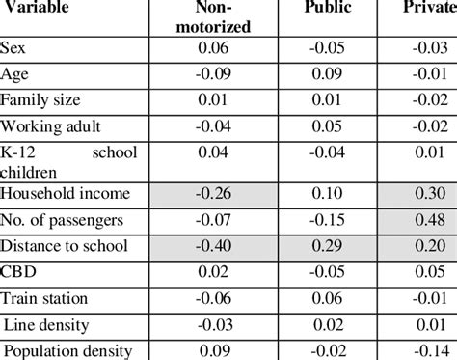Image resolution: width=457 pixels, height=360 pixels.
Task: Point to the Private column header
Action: pos(428,9)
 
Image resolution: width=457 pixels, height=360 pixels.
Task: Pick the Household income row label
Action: pos(61,194)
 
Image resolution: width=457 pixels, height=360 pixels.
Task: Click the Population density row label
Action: pos(67,352)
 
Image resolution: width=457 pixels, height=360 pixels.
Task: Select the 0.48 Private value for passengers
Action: pos(425,221)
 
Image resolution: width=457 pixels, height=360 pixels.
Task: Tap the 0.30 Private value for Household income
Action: pos(425,194)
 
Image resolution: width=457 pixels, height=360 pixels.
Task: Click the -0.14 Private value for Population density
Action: pos(425,352)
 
